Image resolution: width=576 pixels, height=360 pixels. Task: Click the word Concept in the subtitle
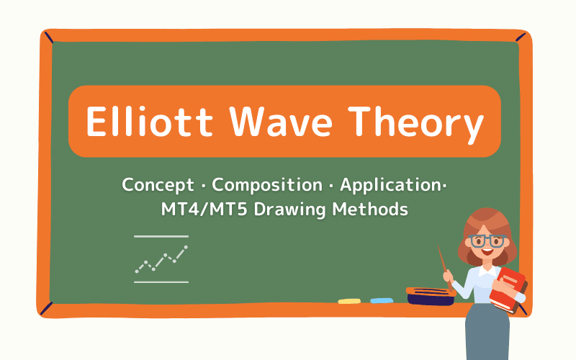tap(159, 185)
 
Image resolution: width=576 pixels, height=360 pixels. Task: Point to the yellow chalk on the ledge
tap(349, 300)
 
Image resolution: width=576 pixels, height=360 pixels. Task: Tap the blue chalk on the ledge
tap(382, 300)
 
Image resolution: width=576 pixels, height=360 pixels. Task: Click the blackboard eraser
tap(429, 295)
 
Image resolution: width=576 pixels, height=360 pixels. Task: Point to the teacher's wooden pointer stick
tap(444, 265)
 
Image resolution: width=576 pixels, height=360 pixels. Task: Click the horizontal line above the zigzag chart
tap(161, 236)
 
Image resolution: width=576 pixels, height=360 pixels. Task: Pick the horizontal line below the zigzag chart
tap(161, 282)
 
